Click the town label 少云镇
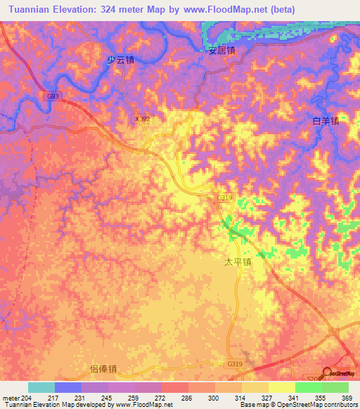tap(120, 60)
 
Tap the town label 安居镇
tap(221, 51)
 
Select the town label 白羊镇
tap(326, 121)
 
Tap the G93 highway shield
tap(53, 96)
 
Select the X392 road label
tap(142, 119)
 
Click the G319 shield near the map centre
tap(224, 198)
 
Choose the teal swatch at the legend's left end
tap(41, 387)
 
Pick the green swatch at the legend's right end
tap(335, 387)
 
